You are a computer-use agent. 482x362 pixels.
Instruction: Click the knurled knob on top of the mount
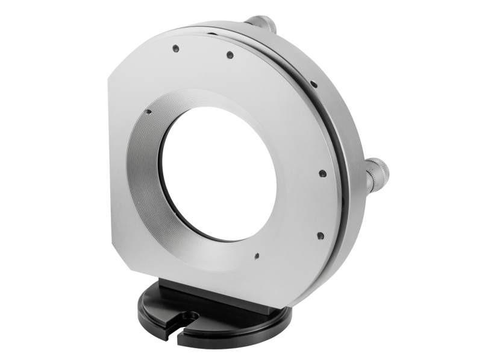click(x=263, y=23)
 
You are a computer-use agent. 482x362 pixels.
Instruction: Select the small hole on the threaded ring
click(x=148, y=111)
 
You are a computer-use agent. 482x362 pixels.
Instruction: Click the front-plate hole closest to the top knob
click(x=230, y=55)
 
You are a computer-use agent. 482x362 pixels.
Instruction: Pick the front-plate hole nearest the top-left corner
click(x=175, y=48)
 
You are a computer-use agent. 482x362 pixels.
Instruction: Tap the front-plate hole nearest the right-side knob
click(x=322, y=173)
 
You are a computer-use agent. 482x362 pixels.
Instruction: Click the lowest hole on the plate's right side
click(x=320, y=236)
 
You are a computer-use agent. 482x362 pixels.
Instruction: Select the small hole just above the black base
click(x=257, y=255)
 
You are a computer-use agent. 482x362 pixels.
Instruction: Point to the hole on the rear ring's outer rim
click(x=315, y=84)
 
